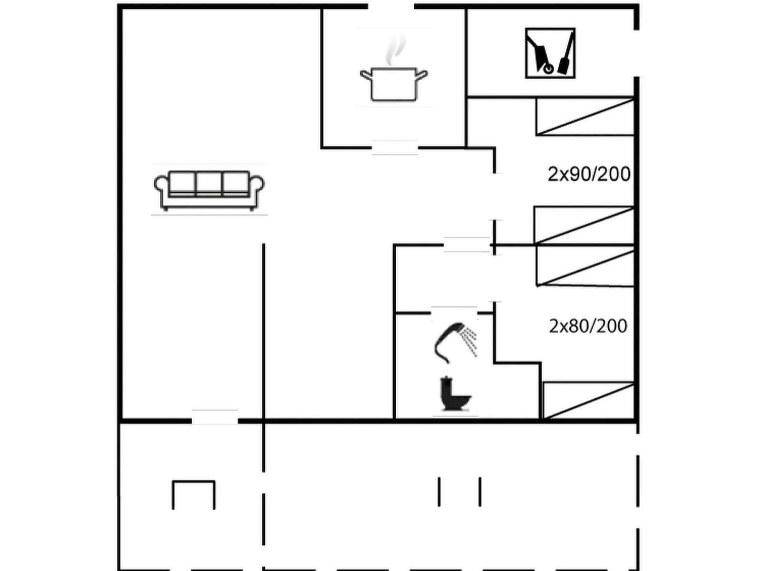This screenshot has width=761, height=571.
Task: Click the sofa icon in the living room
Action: tap(209, 190)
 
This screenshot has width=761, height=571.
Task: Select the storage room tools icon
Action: tap(550, 53)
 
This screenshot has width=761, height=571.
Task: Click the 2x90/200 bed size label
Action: tap(589, 174)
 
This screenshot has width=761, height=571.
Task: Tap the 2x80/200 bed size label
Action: tap(588, 326)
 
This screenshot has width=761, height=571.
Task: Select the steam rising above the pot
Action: tap(395, 49)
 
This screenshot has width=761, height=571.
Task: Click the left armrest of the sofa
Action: tap(162, 189)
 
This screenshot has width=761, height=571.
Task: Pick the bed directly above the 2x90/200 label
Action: tap(585, 117)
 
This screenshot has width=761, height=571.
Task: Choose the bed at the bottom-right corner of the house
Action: tap(588, 401)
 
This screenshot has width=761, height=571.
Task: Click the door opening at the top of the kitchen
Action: tap(391, 6)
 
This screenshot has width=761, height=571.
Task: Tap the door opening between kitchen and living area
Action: tap(395, 148)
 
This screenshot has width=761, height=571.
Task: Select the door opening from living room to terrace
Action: tap(215, 421)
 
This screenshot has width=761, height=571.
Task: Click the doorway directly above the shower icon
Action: tap(454, 313)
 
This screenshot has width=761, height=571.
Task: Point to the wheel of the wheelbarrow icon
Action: tap(548, 69)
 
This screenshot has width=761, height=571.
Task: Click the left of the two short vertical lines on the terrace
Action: tap(439, 492)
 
